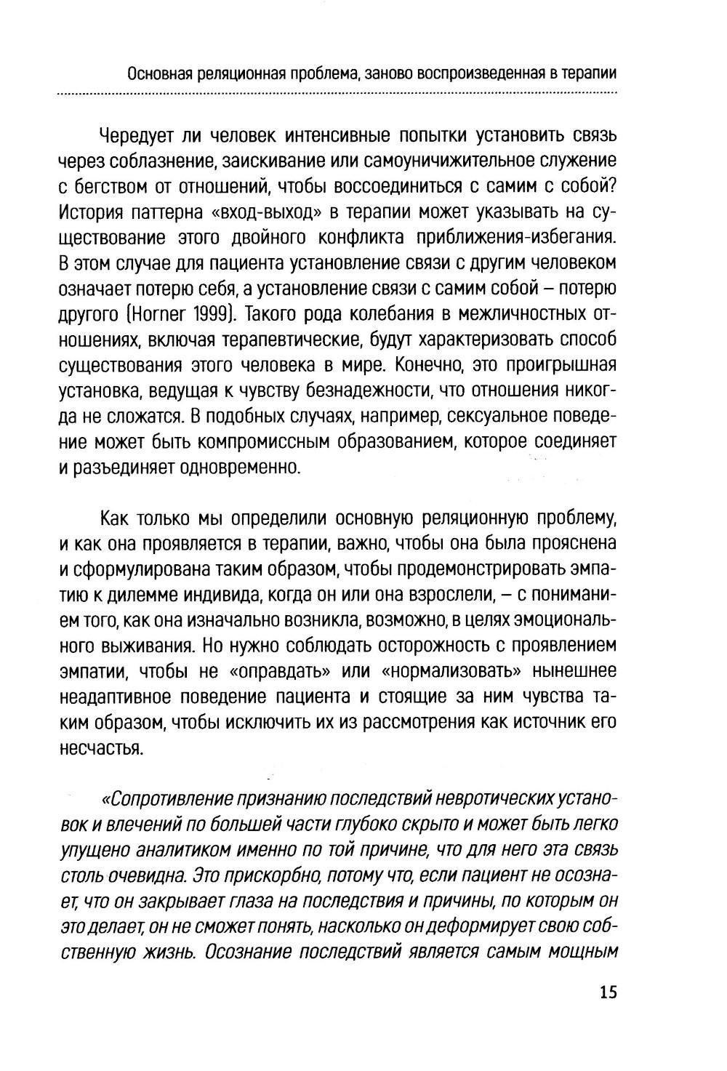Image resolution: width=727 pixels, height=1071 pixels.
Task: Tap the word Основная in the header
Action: [x=158, y=73]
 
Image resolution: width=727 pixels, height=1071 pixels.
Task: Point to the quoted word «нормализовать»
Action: [x=451, y=670]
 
